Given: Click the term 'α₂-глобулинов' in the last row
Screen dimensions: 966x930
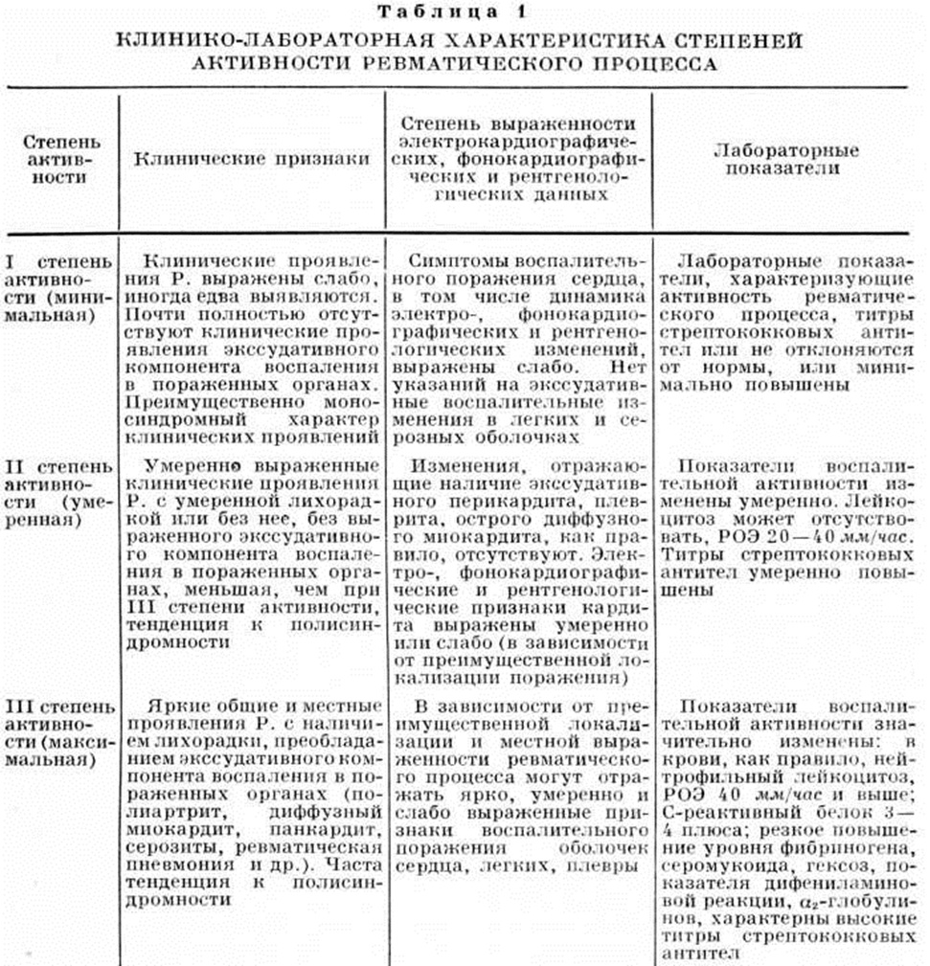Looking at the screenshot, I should [824, 901].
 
